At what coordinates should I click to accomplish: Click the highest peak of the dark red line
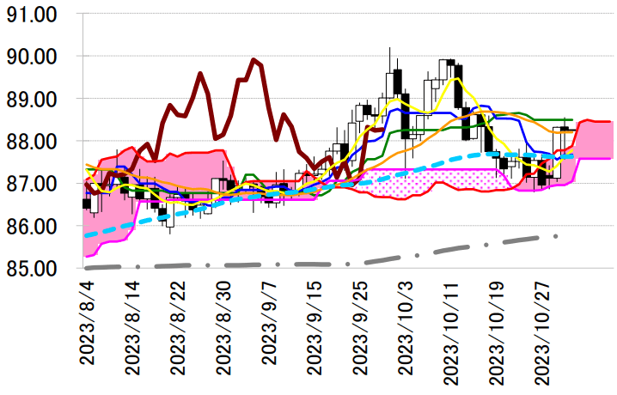254,59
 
